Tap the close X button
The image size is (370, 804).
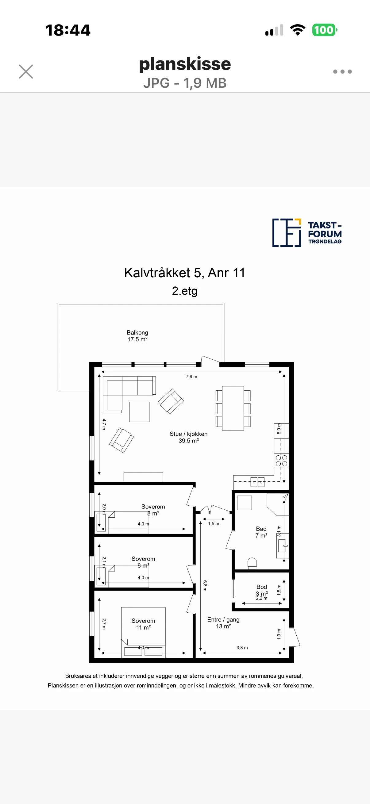tap(26, 71)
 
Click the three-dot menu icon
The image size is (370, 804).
tap(342, 71)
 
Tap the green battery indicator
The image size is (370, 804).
tap(324, 30)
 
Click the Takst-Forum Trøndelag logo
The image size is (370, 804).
tap(307, 233)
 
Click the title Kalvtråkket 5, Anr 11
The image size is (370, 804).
tap(184, 273)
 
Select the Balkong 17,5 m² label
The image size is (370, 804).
tap(137, 336)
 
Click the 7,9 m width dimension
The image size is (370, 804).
tap(191, 377)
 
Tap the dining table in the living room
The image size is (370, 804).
tap(233, 408)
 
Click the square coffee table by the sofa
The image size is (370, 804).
tap(140, 412)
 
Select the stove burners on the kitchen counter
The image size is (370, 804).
tap(281, 461)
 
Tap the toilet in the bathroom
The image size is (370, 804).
tap(252, 563)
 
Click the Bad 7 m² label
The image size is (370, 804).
tap(261, 532)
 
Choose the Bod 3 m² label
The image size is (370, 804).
tap(262, 590)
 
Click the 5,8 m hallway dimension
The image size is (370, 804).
tap(205, 586)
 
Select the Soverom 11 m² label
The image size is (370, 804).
tap(143, 624)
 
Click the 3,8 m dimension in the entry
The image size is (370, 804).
tap(242, 648)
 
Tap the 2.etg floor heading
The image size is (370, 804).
tap(184, 291)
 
